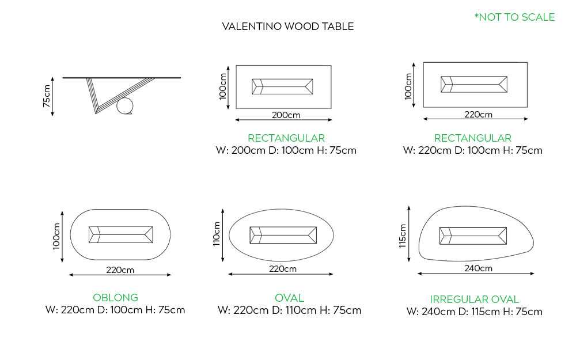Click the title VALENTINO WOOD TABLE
click(x=287, y=26)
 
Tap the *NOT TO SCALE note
click(x=514, y=17)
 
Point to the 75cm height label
click(x=47, y=96)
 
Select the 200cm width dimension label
click(x=286, y=115)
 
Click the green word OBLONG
click(x=115, y=298)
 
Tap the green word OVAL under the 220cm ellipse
click(x=289, y=298)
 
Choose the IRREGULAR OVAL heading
click(x=474, y=300)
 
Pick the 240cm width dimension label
click(x=478, y=268)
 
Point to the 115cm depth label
click(x=403, y=236)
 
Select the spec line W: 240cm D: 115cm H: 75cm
click(x=474, y=312)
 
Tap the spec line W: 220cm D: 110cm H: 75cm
click(x=289, y=310)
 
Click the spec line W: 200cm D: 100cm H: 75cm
click(x=286, y=151)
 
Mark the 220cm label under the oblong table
click(x=120, y=270)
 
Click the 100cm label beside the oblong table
click(x=56, y=236)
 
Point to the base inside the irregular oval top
click(x=473, y=235)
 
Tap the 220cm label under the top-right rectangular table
click(x=478, y=114)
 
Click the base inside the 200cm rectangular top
click(x=283, y=86)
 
